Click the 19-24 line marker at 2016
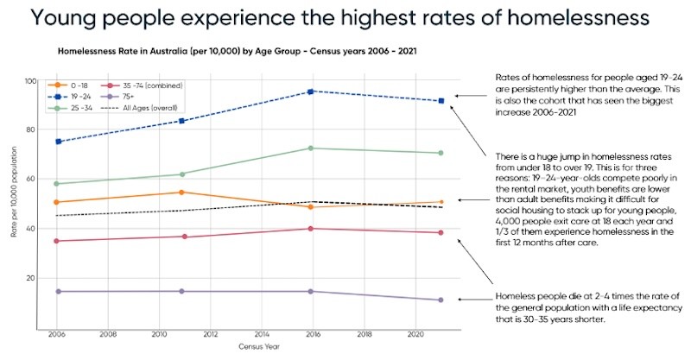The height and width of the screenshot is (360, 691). click(311, 92)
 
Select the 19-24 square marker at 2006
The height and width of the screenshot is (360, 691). click(58, 142)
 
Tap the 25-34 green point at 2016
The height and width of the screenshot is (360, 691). click(311, 148)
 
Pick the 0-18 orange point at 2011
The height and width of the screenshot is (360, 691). click(182, 193)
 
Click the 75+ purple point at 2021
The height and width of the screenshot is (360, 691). click(441, 300)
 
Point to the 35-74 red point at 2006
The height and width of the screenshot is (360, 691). click(58, 241)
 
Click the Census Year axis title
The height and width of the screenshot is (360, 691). click(250, 346)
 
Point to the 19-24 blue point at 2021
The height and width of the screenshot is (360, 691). click(441, 101)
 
